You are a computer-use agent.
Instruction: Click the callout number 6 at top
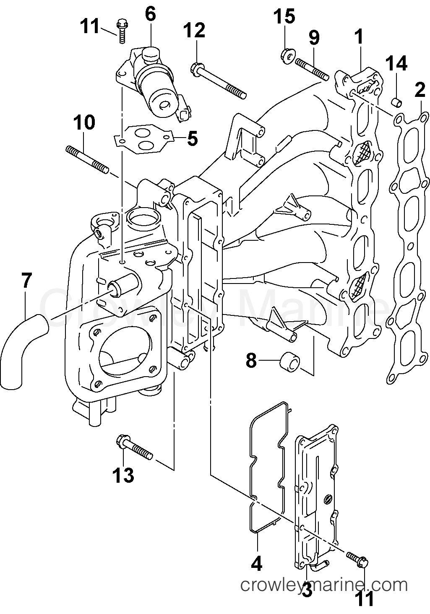point(150,15)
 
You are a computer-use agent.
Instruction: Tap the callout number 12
point(194,31)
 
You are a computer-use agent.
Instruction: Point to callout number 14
point(396,64)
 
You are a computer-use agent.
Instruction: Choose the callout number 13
point(123,476)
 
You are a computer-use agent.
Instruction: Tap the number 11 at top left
point(90,26)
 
